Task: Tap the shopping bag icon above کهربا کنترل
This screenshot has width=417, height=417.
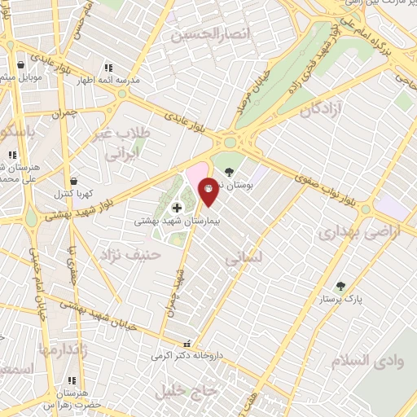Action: (x=74, y=181)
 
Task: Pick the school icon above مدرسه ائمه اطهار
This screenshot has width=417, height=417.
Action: (x=108, y=68)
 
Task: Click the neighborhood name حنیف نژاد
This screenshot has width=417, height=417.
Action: (x=129, y=256)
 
